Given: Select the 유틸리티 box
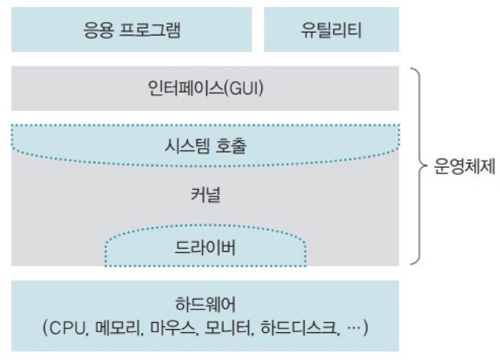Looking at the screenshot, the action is point(331,30).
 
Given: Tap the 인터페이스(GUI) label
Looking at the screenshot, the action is point(205,88).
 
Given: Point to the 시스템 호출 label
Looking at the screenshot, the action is point(205,146).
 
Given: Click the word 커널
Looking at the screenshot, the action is point(205,195).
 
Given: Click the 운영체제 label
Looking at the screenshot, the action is point(466,168).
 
